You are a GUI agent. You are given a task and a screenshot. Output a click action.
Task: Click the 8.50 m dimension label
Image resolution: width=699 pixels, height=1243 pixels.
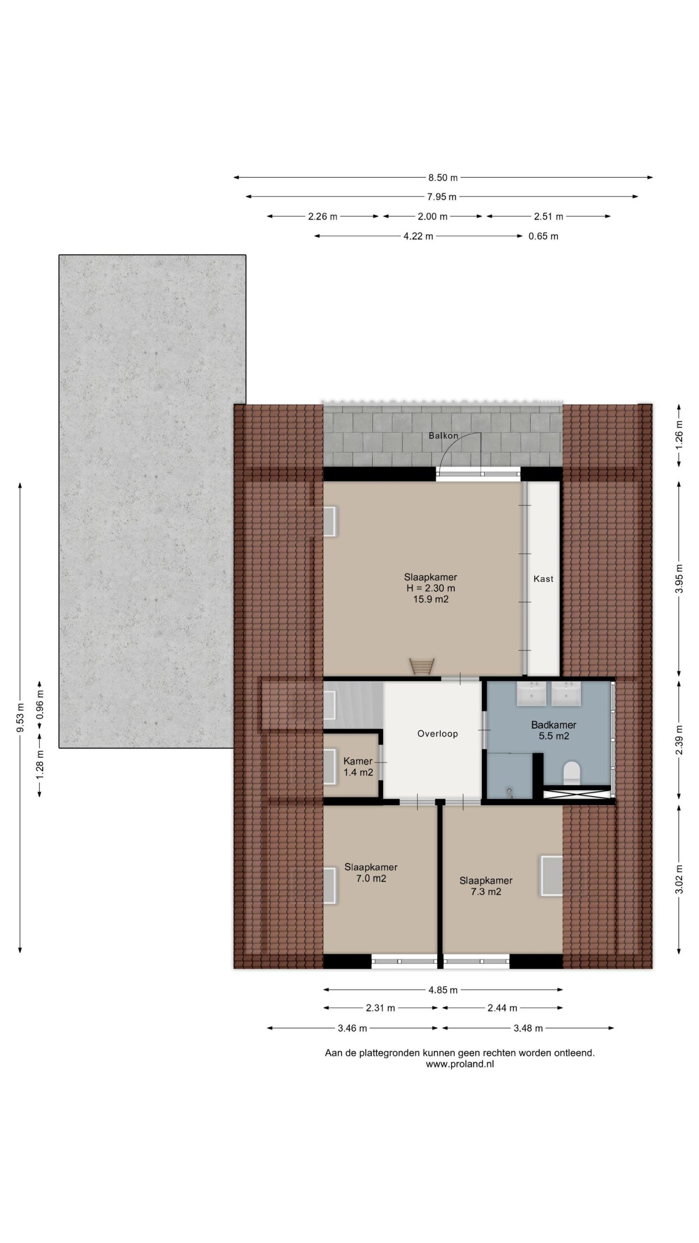click(x=443, y=178)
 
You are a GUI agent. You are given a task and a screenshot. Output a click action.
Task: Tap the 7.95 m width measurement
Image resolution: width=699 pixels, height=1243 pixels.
click(x=441, y=197)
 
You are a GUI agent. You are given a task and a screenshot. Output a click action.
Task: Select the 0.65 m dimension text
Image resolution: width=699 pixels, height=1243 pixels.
click(x=543, y=236)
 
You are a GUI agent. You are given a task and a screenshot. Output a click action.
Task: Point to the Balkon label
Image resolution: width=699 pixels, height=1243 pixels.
click(x=443, y=436)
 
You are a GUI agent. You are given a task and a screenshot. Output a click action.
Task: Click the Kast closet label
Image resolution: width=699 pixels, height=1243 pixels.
click(x=543, y=579)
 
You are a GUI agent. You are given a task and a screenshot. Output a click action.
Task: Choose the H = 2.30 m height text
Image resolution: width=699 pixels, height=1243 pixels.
click(x=431, y=588)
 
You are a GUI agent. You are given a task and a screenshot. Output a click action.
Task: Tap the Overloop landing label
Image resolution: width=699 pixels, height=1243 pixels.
click(x=437, y=734)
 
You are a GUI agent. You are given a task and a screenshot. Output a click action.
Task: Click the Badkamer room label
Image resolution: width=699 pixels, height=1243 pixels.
click(x=553, y=725)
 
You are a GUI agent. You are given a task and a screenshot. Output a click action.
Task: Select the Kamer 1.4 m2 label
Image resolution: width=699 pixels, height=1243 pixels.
click(x=358, y=767)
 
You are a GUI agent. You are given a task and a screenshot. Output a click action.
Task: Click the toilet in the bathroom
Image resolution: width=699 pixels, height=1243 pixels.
click(x=571, y=773)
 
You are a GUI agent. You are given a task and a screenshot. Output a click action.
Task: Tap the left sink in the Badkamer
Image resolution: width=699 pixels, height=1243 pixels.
click(x=532, y=693)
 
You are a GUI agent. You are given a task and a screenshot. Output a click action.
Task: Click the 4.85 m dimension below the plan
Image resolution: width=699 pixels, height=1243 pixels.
click(x=443, y=990)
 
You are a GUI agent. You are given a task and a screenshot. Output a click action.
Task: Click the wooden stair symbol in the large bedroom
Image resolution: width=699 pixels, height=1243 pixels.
click(x=421, y=666)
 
